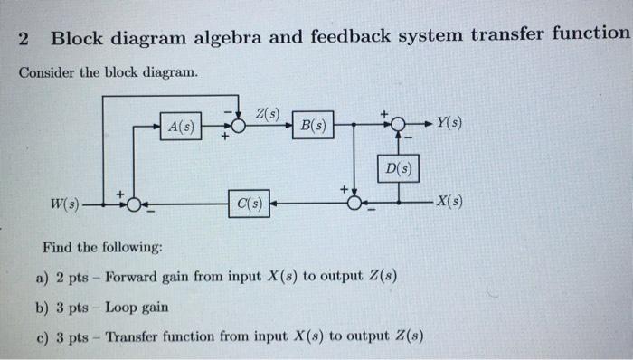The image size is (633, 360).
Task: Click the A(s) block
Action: click(182, 127)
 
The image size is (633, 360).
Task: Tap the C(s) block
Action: click(250, 204)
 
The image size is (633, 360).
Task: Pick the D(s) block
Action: click(398, 168)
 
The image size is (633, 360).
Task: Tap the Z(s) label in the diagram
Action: click(268, 114)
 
